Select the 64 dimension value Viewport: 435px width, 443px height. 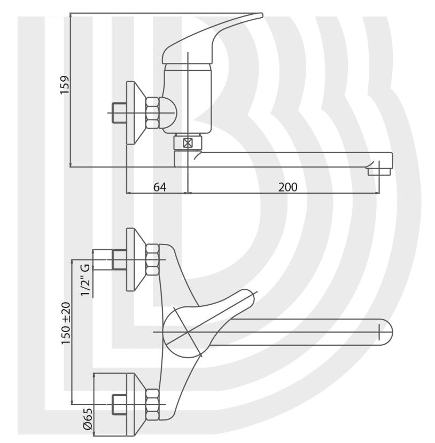click(159, 187)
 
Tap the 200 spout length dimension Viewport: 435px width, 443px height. click(288, 187)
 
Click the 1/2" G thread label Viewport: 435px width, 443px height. click(84, 280)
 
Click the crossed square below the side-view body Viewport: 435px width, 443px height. click(187, 143)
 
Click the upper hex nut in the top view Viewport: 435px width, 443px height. click(153, 259)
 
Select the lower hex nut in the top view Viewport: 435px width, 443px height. click(153, 403)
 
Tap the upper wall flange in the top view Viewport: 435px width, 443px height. click(134, 259)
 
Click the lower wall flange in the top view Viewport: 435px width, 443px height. click(134, 403)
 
